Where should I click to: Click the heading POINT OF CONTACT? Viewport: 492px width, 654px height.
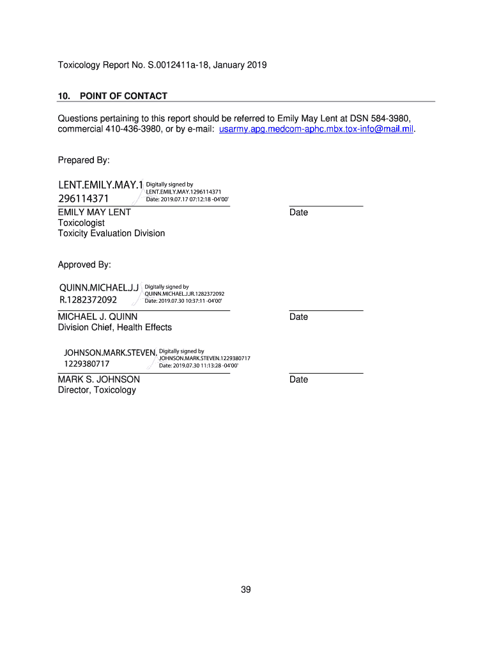[x=123, y=96]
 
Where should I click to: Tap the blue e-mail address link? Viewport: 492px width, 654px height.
[x=316, y=129]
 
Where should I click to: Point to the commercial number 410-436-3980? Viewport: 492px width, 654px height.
[x=127, y=129]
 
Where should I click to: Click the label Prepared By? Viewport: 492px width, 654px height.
[x=84, y=160]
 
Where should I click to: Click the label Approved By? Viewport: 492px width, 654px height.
[x=84, y=264]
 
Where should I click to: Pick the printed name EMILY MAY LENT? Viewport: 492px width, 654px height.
[x=95, y=212]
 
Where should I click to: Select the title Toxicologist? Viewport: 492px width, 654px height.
[x=81, y=223]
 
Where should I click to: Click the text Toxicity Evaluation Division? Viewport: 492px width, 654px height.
[x=111, y=233]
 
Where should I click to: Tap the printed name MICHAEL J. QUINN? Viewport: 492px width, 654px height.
[x=98, y=317]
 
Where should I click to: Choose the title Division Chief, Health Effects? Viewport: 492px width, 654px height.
[x=115, y=327]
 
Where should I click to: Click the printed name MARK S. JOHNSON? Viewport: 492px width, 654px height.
[x=99, y=379]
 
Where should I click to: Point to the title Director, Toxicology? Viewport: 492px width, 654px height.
[x=97, y=390]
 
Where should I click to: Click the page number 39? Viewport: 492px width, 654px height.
[x=246, y=589]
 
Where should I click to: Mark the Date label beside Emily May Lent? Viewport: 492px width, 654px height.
[x=298, y=212]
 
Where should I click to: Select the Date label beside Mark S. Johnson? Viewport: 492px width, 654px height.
[x=298, y=379]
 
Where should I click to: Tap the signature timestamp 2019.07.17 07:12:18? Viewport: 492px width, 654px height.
[x=187, y=199]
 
